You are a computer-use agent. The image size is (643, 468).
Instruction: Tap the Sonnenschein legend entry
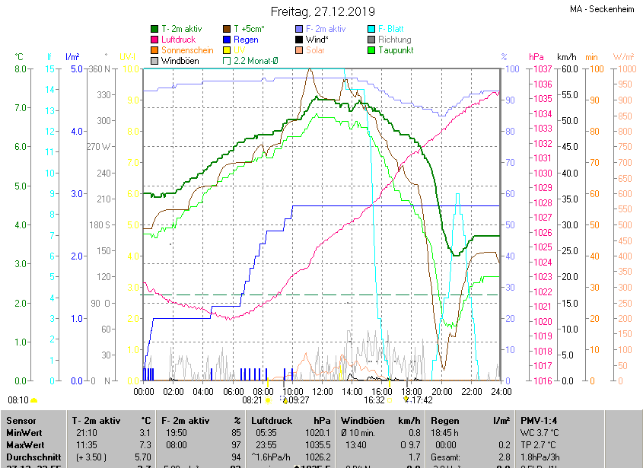tap(187, 50)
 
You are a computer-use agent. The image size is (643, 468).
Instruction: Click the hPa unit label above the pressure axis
tap(536, 57)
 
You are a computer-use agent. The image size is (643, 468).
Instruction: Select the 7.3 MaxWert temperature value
tap(145, 444)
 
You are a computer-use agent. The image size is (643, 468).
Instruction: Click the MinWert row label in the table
tap(25, 432)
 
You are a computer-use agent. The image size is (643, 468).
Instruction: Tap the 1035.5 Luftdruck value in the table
tap(322, 444)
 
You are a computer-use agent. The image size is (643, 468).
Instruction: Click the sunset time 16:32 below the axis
tap(374, 400)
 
